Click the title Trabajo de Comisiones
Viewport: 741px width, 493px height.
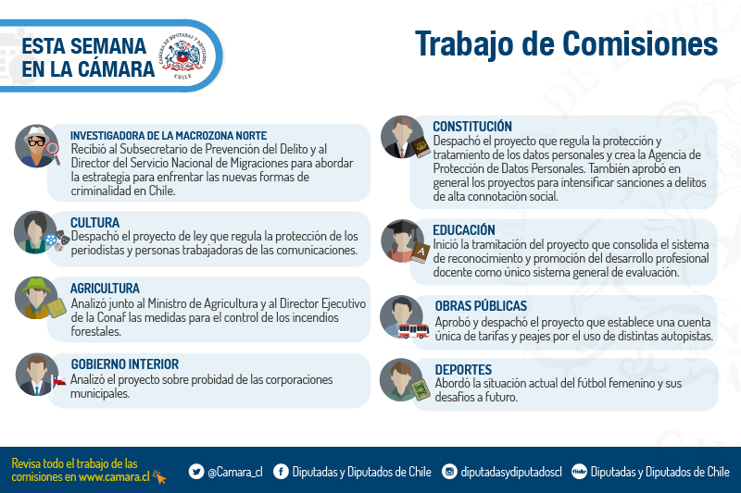(566, 44)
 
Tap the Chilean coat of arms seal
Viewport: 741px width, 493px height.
(182, 55)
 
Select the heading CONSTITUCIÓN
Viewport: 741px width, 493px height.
(472, 127)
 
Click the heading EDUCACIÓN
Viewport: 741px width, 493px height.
(464, 229)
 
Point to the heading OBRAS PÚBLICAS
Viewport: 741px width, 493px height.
(481, 306)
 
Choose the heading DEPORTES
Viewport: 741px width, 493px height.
(463, 369)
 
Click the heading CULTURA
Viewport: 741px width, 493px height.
(94, 223)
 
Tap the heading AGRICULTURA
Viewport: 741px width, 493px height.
(105, 289)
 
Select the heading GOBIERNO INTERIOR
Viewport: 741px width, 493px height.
(125, 364)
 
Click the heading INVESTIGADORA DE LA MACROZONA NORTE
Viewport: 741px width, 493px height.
(169, 136)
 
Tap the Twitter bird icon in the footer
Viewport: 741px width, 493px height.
(196, 472)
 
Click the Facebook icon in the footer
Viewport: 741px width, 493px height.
(281, 472)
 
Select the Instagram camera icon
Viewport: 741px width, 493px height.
(449, 472)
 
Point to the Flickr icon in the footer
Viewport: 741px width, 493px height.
(579, 472)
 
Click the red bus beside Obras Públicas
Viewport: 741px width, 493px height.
(413, 331)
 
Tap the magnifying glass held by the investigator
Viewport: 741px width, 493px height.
(54, 152)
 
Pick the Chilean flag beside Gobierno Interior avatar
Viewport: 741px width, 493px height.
(58, 380)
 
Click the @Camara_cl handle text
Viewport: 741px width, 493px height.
(235, 472)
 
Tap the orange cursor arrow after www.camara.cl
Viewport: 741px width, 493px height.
(159, 477)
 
